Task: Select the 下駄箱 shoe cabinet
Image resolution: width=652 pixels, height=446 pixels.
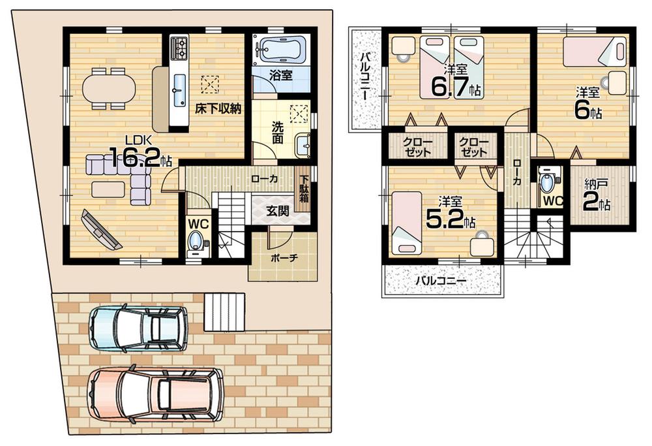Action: [303, 189]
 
